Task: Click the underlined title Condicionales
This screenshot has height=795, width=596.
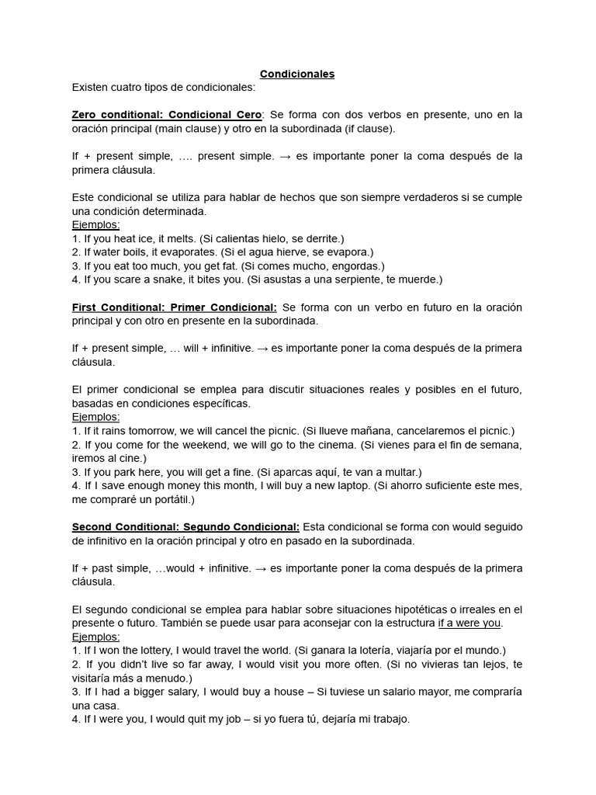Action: (297, 74)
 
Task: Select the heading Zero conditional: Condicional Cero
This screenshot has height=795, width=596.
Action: (167, 114)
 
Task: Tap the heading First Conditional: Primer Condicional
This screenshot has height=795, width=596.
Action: (174, 307)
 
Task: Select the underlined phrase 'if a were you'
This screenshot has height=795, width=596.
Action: (470, 623)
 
